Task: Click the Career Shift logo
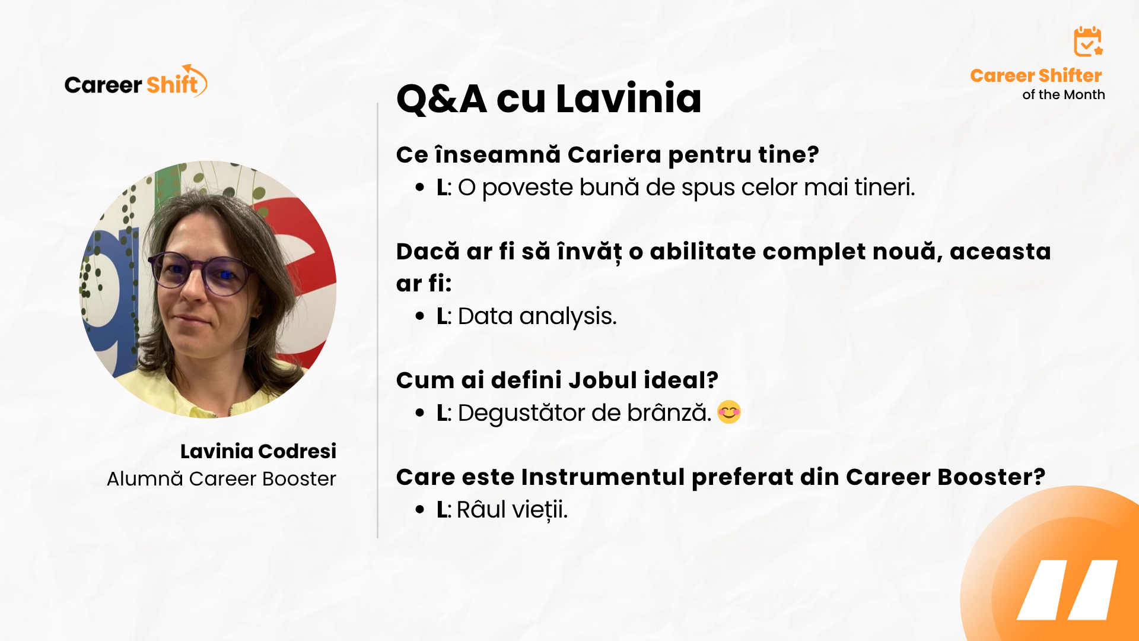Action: click(136, 81)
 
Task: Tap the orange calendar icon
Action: click(1088, 42)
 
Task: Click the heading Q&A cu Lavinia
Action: click(549, 98)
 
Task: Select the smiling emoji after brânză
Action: click(729, 412)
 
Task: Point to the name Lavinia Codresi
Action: click(258, 451)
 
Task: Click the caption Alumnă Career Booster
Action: click(221, 478)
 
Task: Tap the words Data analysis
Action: click(537, 316)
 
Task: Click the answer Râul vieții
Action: click(512, 509)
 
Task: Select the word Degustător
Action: click(524, 413)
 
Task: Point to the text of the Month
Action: click(1064, 94)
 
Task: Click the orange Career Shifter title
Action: click(1036, 75)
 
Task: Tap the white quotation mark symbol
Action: click(1067, 589)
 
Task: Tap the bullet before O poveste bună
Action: click(420, 188)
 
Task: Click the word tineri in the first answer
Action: click(885, 188)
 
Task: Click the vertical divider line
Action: click(377, 320)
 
